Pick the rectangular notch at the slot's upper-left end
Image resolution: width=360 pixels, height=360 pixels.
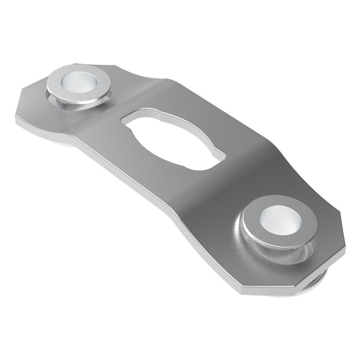pos(130,122)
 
